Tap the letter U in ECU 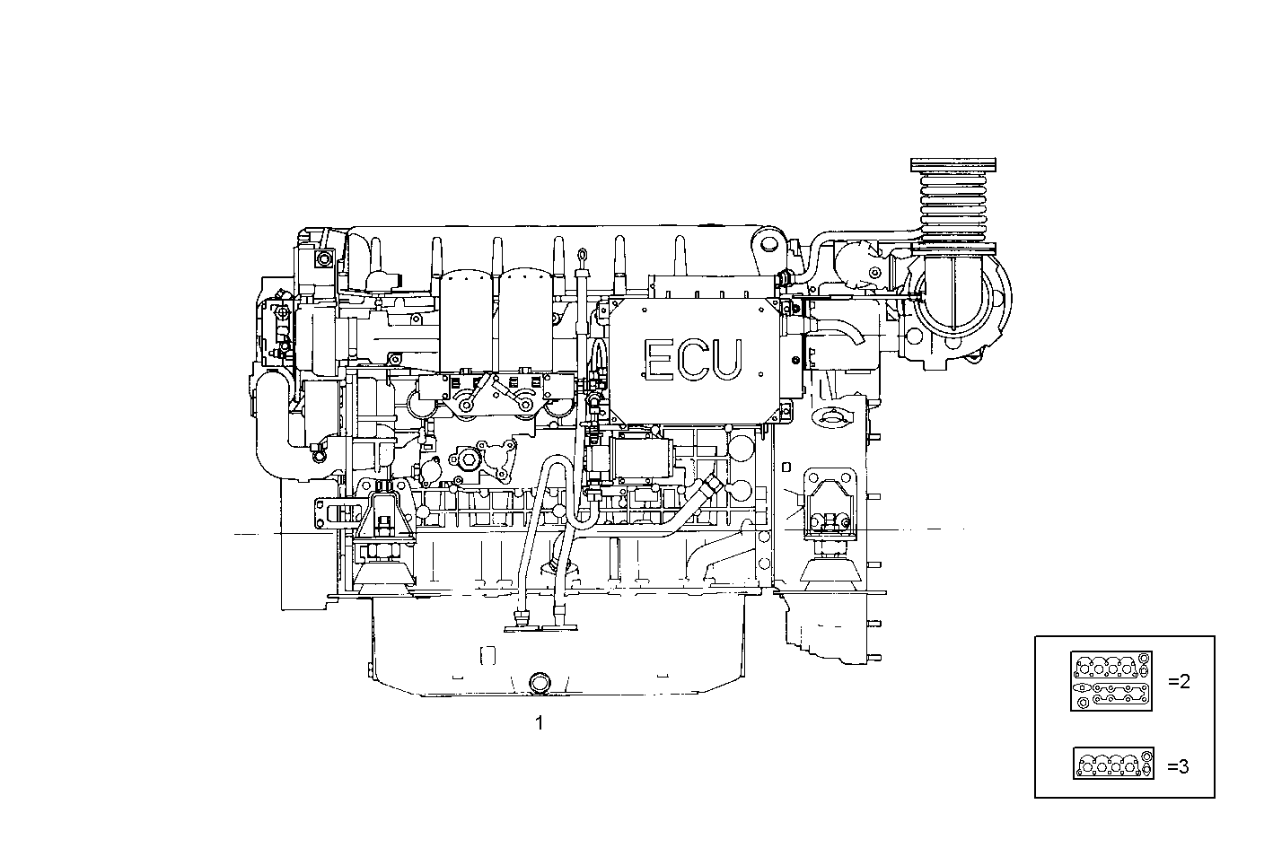point(727,358)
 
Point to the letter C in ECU point(692,358)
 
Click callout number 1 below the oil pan point(540,721)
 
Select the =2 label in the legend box point(1179,682)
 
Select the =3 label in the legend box point(1179,766)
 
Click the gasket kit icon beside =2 point(1111,682)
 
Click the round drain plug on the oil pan point(539,684)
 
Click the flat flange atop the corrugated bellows point(953,165)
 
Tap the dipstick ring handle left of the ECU point(583,260)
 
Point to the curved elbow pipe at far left point(272,422)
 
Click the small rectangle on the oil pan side point(487,654)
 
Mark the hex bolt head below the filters point(469,460)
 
